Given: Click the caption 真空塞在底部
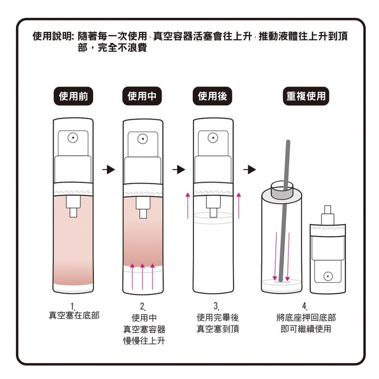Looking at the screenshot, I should pos(74,315).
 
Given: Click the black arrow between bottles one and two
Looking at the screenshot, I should pos(108,170).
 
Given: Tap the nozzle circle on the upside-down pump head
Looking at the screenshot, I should pos(327,276).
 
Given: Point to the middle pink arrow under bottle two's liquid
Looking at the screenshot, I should pos(142,277).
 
